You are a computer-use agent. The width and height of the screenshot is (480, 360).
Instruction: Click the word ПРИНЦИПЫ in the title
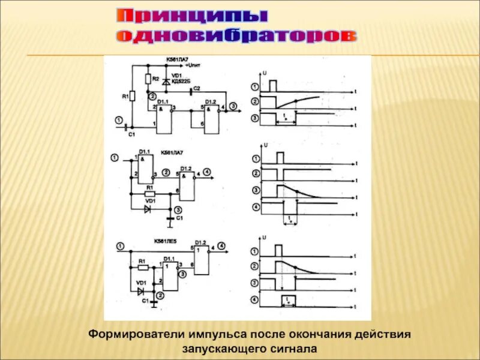click(191, 16)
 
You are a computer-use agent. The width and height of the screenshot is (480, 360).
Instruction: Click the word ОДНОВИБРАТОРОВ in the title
click(236, 36)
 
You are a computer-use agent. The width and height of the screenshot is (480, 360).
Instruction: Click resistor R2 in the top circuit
click(148, 79)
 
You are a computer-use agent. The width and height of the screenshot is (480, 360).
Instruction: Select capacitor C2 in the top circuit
click(191, 92)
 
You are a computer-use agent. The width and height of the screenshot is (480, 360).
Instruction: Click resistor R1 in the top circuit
click(133, 96)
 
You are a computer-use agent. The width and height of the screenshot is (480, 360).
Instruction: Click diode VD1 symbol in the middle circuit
click(148, 209)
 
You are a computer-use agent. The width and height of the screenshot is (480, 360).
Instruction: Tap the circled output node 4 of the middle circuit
click(206, 172)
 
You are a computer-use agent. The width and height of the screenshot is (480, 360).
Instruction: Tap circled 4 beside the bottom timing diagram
click(256, 299)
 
